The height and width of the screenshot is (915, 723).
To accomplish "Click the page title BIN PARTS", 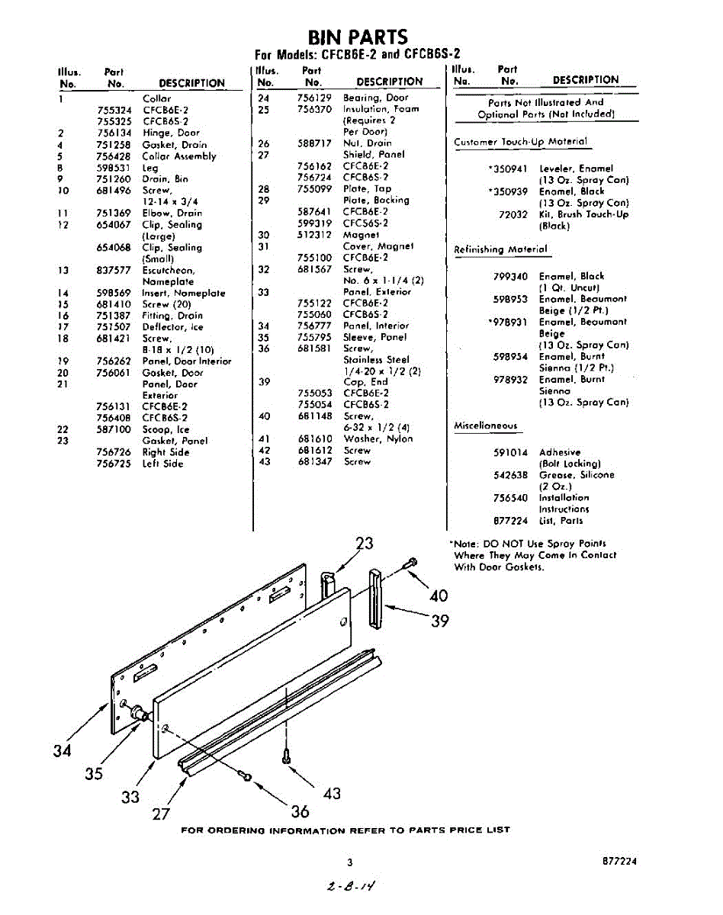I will tap(358, 37).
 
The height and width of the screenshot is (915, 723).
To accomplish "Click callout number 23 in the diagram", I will tap(365, 543).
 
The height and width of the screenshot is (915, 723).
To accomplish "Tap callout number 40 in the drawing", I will tap(439, 595).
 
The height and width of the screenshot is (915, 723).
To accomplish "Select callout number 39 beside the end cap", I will tap(440, 621).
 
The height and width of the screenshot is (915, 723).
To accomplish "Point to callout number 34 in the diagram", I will tap(63, 750).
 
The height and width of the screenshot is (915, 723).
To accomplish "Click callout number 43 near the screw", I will tap(332, 793).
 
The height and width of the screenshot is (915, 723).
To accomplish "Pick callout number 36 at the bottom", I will tap(300, 811).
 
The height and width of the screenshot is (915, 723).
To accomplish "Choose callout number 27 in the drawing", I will tap(160, 814).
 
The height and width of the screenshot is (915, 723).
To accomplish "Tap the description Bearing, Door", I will tap(375, 98).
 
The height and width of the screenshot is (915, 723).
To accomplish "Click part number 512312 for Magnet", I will tap(313, 235).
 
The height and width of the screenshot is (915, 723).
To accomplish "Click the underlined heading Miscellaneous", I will tap(485, 426).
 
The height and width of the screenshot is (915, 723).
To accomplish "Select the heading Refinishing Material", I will tap(500, 249).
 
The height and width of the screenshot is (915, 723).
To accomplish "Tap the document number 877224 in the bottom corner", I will tap(618, 862).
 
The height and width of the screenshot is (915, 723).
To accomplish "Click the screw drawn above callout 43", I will tap(285, 756).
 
